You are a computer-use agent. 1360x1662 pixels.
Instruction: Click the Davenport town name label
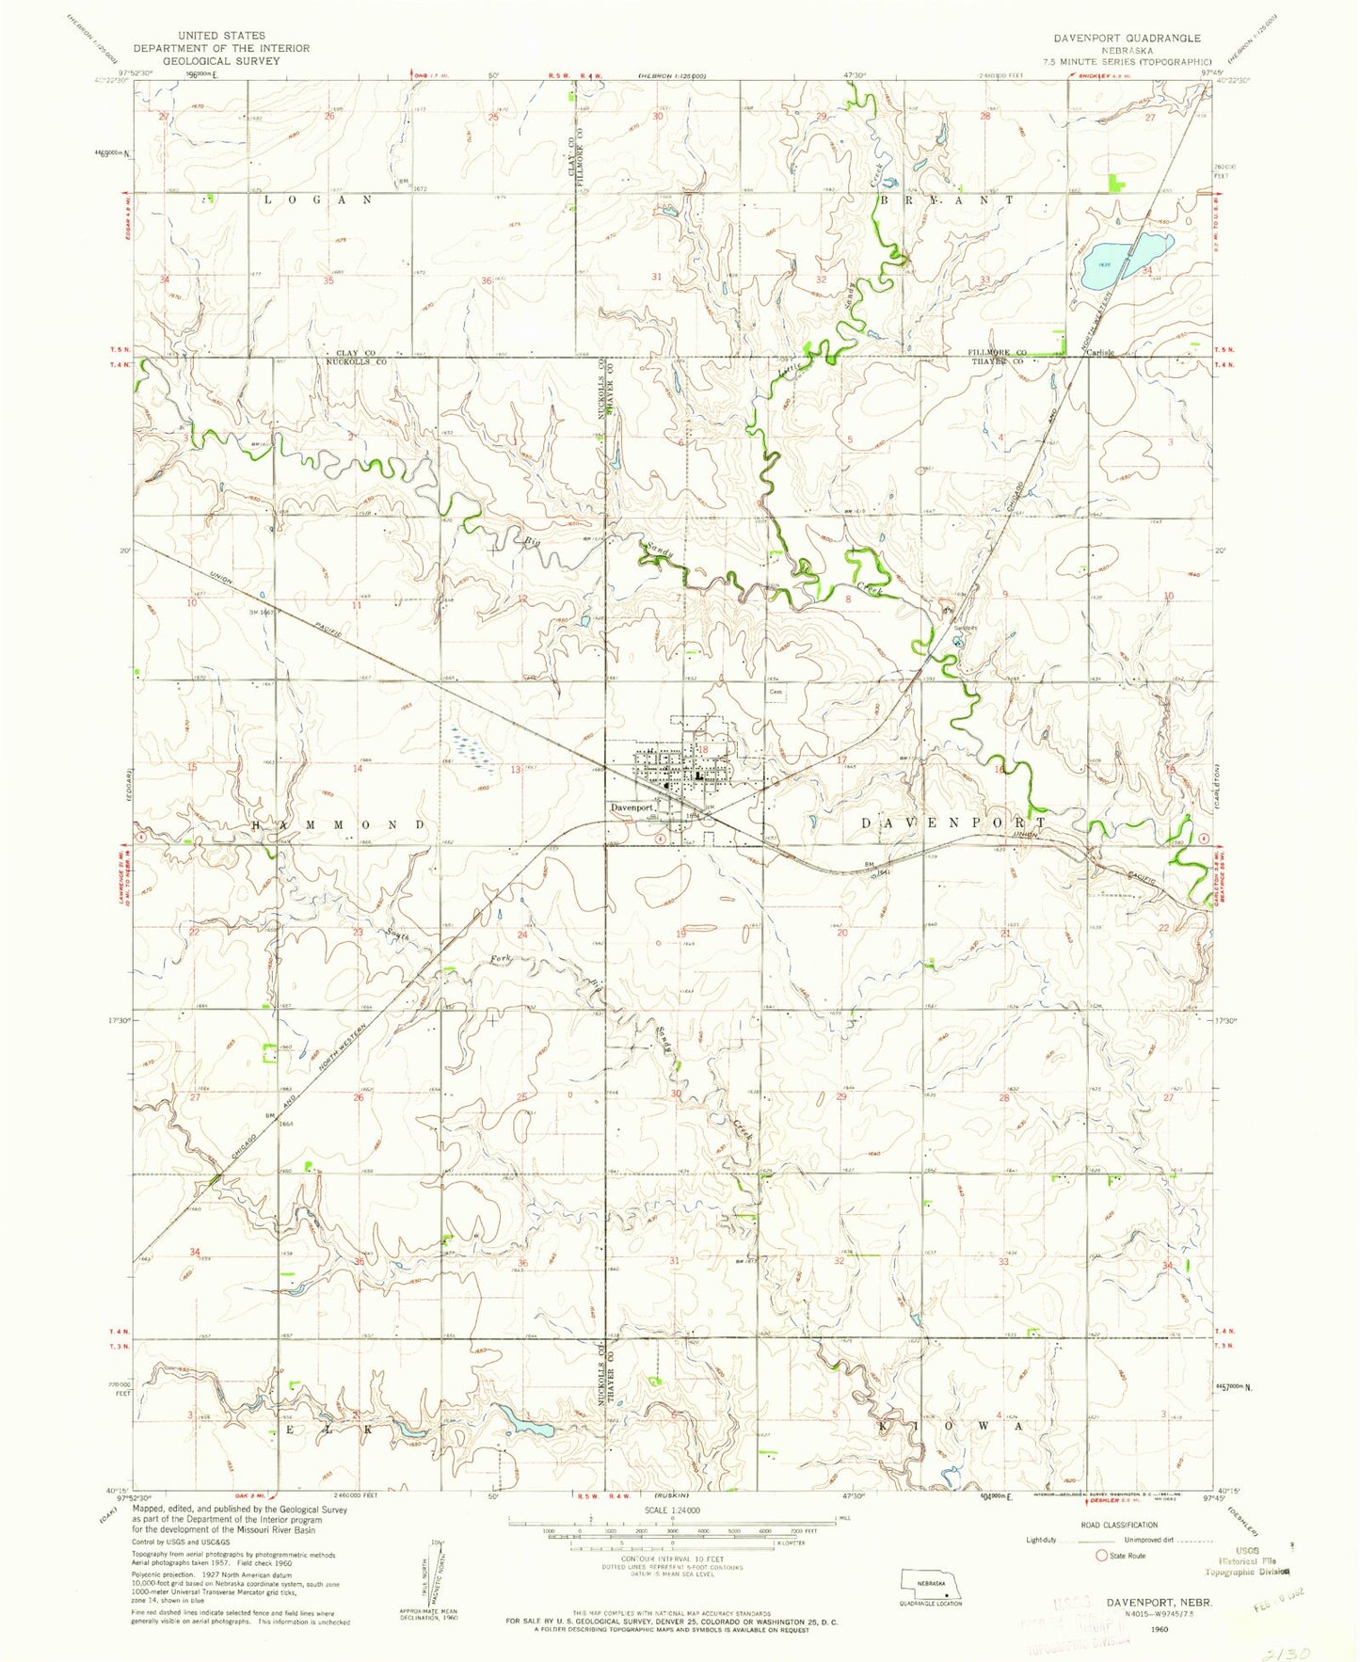click(632, 807)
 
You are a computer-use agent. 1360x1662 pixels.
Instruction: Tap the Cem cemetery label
click(776, 691)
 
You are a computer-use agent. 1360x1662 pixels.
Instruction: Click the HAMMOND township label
click(340, 824)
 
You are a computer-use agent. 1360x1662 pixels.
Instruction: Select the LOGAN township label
click(317, 200)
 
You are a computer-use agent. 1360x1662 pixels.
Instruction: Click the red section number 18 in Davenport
click(702, 749)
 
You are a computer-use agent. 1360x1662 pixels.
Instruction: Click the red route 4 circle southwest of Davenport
click(661, 837)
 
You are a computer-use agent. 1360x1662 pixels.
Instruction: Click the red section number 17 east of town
click(842, 759)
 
